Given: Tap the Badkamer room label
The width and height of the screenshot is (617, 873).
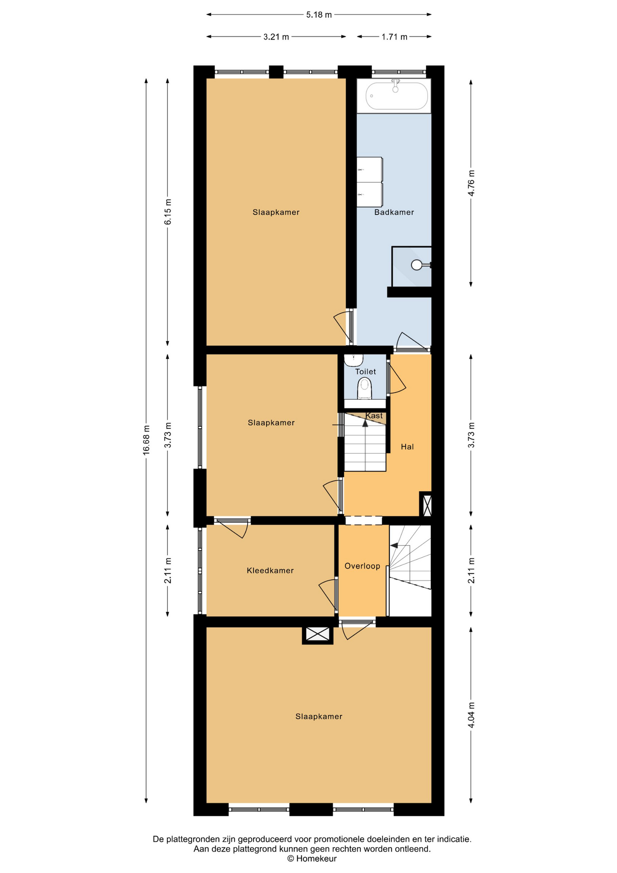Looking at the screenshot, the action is coord(394,212).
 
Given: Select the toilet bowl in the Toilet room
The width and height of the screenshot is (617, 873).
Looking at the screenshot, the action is coord(364,389).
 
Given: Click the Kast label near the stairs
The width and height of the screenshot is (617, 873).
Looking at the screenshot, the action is coord(374,416).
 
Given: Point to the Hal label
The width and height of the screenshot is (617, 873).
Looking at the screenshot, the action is coord(407,447).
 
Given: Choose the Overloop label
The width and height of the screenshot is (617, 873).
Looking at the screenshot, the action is coord(362,566).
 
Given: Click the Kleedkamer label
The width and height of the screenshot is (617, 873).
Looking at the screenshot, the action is coord(270,571).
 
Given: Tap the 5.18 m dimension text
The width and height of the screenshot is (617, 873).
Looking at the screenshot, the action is coord(319,15).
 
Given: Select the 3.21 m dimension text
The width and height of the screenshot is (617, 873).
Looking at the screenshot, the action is coord(276,37).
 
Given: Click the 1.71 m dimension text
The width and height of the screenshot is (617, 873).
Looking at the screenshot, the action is coord(394,37).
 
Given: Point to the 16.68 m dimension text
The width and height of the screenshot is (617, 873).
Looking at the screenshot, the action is coord(146,440).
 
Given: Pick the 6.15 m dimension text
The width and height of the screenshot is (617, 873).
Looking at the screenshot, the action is coord(168,212).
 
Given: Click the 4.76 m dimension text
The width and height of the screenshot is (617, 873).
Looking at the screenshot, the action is coord(471,183).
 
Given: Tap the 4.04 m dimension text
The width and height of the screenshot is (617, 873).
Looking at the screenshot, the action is coord(471,715).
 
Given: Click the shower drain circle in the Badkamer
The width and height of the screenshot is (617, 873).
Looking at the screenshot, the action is coord(417,265).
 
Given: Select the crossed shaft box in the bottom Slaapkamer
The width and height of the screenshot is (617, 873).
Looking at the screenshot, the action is coord(318,634).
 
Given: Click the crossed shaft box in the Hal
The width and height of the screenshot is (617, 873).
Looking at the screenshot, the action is coord(426,505).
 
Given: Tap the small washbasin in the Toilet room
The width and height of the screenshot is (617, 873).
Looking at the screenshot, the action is coord(353,360).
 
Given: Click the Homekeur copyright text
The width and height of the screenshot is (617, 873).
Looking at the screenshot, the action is coord(312,859).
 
